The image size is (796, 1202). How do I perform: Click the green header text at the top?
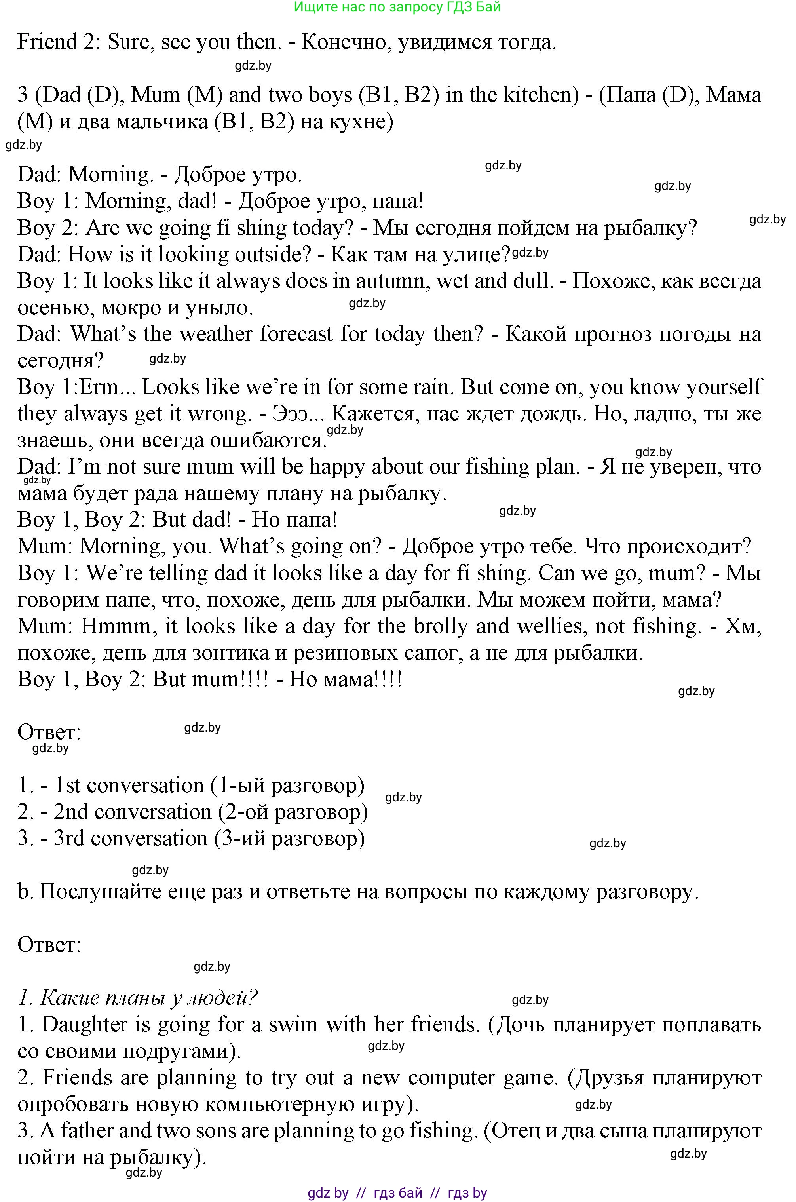397,7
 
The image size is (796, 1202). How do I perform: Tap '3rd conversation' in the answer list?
131,838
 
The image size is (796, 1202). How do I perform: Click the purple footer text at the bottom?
397,1192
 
